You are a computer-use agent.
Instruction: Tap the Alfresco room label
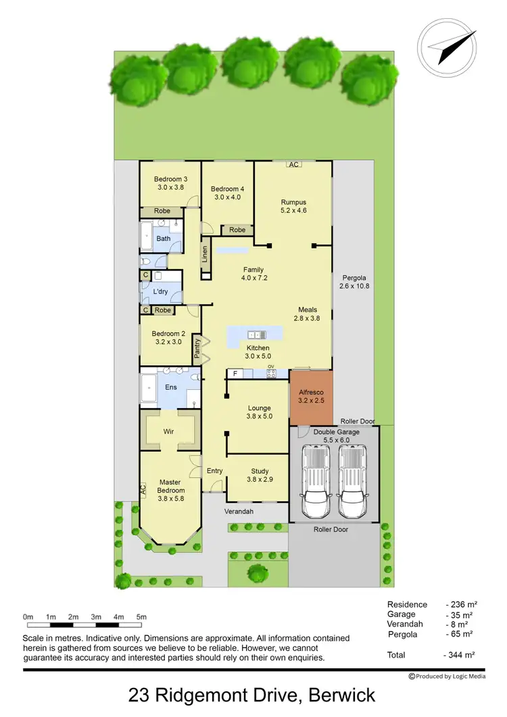click(x=311, y=392)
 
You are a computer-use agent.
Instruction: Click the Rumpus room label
click(x=293, y=202)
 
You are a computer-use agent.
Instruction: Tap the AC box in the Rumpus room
click(x=293, y=164)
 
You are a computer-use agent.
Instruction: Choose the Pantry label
click(x=197, y=347)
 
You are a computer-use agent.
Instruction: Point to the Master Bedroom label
click(x=170, y=485)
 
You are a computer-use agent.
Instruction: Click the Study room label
click(x=260, y=472)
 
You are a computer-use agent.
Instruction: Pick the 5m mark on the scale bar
click(x=142, y=616)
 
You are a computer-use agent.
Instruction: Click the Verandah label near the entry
click(x=239, y=512)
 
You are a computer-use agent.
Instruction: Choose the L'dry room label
click(x=160, y=291)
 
